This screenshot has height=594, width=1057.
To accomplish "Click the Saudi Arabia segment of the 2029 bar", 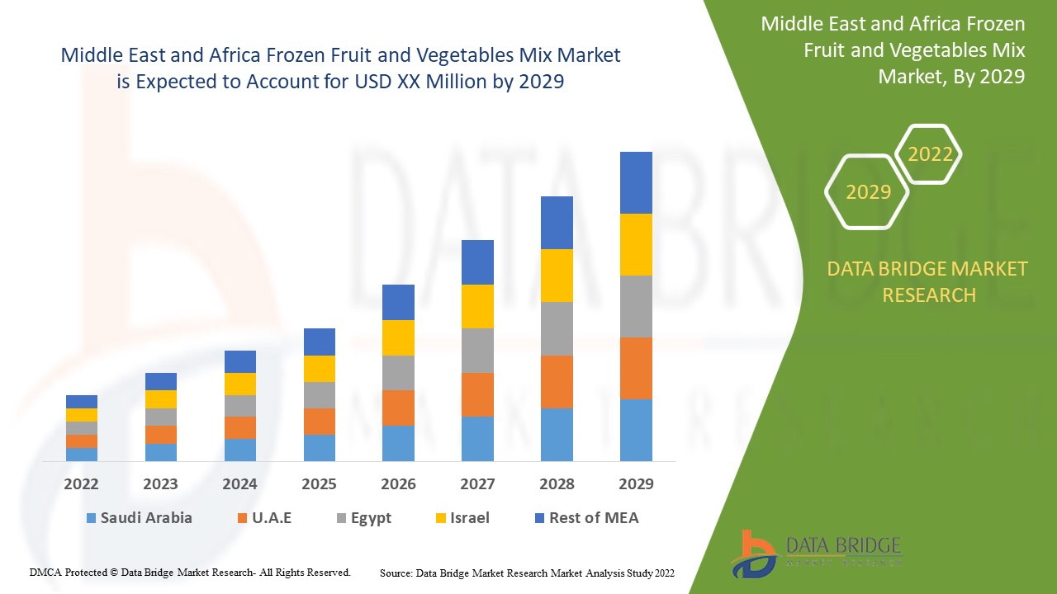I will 636,430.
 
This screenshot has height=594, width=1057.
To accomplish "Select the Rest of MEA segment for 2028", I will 557,223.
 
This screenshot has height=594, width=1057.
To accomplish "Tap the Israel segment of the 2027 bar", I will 477,306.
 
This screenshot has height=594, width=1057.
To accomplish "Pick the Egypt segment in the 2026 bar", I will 398,373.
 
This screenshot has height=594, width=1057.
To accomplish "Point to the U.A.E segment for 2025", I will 320,421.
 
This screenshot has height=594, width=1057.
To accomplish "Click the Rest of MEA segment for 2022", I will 82,402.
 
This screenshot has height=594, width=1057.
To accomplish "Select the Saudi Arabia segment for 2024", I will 240,450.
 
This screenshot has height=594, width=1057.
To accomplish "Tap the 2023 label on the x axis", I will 160,484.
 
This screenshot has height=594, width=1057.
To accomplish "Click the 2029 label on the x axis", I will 636,484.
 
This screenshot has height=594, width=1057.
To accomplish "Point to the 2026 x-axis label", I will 398,484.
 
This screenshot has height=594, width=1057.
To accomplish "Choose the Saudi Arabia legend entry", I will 139,518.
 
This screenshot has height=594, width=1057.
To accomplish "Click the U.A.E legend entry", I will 264,518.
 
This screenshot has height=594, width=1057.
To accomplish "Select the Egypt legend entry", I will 363,518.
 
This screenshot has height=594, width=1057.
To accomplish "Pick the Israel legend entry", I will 462,518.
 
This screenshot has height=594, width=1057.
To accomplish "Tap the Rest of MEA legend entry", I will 586,518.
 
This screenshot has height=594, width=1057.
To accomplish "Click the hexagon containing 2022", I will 929,154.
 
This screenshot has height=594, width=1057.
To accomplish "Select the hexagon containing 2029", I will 867,192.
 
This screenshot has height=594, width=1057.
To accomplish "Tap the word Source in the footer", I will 396,573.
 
